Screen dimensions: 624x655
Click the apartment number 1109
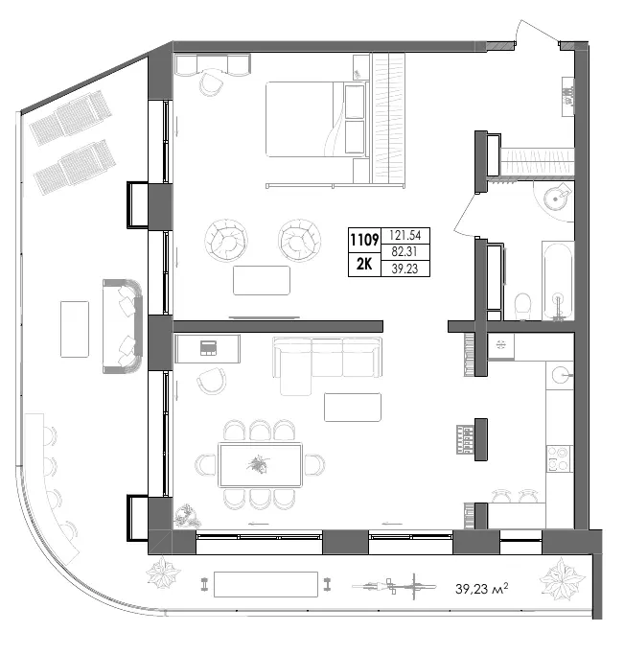[x=364, y=240]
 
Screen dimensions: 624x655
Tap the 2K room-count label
[x=364, y=264]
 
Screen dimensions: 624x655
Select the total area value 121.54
[x=404, y=235]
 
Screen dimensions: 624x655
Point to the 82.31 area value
[x=404, y=251]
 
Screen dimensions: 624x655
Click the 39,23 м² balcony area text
[x=482, y=588]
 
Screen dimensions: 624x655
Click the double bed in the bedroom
[x=316, y=119]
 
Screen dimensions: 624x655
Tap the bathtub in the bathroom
[x=558, y=281]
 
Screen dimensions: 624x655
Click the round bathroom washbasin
[x=555, y=199]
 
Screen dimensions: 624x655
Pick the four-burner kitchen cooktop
[x=559, y=458]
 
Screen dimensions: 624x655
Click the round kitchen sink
[x=560, y=375]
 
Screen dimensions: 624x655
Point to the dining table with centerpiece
[x=260, y=465]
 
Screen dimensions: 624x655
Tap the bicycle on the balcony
[x=394, y=587]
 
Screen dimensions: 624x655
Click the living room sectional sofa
[x=327, y=363]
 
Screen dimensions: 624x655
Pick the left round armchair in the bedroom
[x=226, y=240]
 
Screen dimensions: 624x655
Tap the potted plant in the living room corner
[x=187, y=516]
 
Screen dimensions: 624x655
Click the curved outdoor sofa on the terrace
[x=123, y=326]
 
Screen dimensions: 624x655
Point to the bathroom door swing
[x=465, y=214]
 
